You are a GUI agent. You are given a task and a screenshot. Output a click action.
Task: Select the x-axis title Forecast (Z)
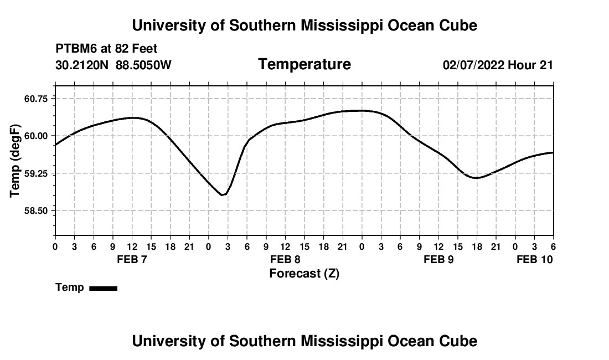[304, 274]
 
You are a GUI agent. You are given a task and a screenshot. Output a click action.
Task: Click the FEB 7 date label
[132, 260]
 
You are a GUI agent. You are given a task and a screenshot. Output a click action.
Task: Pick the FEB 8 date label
[285, 260]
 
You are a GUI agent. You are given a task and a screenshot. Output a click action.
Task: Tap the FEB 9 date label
[438, 260]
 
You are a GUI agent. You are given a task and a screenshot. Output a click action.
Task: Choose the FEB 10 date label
[534, 260]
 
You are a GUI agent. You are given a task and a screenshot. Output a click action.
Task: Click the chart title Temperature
[304, 64]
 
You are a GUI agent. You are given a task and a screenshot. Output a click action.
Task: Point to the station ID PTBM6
[74, 49]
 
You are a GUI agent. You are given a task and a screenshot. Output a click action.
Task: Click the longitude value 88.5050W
[143, 65]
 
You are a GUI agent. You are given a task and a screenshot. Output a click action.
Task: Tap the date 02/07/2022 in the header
[473, 65]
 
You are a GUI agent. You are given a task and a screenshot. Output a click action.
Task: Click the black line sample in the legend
[103, 288]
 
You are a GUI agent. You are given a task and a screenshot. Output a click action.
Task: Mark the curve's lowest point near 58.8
[222, 195]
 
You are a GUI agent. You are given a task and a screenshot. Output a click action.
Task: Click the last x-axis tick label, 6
[553, 246]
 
